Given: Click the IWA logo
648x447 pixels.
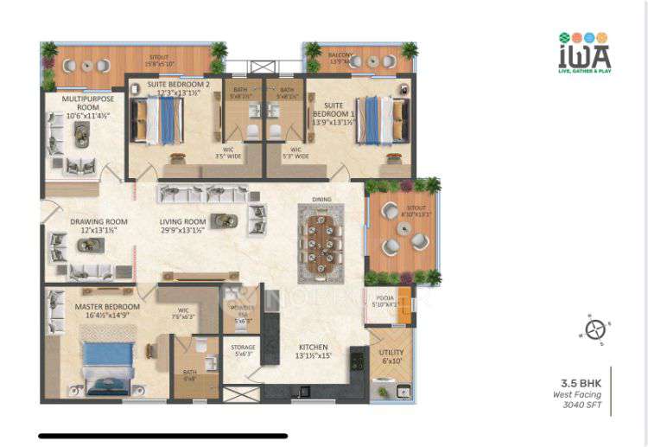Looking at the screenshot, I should tap(585, 52).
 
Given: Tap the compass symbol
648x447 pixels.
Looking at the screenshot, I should tap(594, 329).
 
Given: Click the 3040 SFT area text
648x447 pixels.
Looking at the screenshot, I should tap(583, 405).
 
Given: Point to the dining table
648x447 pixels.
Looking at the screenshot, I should tap(321, 241).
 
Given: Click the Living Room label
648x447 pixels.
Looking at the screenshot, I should tap(183, 222).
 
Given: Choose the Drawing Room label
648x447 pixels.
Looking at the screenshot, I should tap(93, 222).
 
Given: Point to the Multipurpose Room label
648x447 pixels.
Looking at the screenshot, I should tap(83, 105).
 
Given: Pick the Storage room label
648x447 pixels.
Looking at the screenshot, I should tap(242, 348).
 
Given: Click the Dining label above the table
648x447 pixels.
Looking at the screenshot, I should tap(321, 199).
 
